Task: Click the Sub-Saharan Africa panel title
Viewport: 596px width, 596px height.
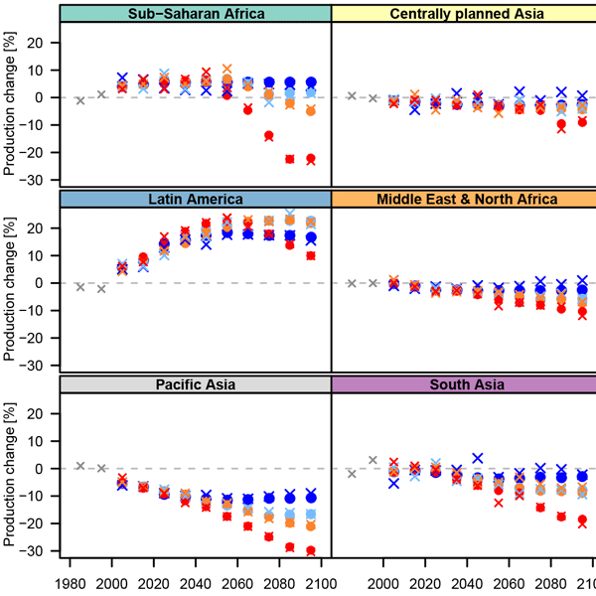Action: pos(196,13)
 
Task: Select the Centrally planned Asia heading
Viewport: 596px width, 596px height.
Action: pos(463,13)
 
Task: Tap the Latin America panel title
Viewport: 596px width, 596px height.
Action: pos(196,199)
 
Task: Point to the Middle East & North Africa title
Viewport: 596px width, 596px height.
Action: pos(463,199)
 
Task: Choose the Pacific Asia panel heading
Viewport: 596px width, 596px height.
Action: pos(196,384)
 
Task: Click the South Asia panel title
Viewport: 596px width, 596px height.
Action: pos(463,384)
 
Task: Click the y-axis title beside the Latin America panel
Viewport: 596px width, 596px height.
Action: pos(12,282)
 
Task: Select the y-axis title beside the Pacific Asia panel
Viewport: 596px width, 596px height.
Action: pos(12,468)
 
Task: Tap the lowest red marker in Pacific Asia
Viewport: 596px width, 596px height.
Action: pos(311,550)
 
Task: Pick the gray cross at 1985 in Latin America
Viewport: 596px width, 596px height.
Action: pos(80,286)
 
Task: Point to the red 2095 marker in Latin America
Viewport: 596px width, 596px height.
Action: pos(311,255)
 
